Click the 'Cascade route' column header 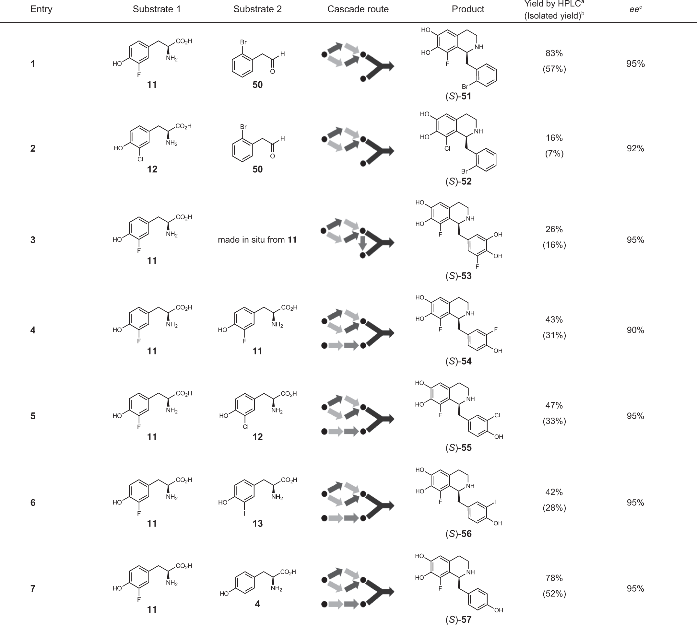pos(358,9)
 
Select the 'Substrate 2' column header pos(257,9)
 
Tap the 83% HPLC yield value pos(554,53)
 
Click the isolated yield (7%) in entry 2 pos(554,154)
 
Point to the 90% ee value pos(635,330)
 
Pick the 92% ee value pos(635,148)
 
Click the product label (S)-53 pos(458,276)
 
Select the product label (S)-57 pos(458,619)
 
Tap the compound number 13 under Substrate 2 pos(257,523)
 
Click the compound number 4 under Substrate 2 pos(257,604)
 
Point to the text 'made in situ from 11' pos(257,240)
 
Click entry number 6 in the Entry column pos(33,503)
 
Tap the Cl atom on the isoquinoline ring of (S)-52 pos(447,149)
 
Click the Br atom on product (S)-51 pos(465,87)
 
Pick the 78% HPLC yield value pos(554,578)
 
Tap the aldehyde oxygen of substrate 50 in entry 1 pos(272,71)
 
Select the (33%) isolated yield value pos(554,421)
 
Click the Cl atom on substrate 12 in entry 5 pos(245,427)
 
